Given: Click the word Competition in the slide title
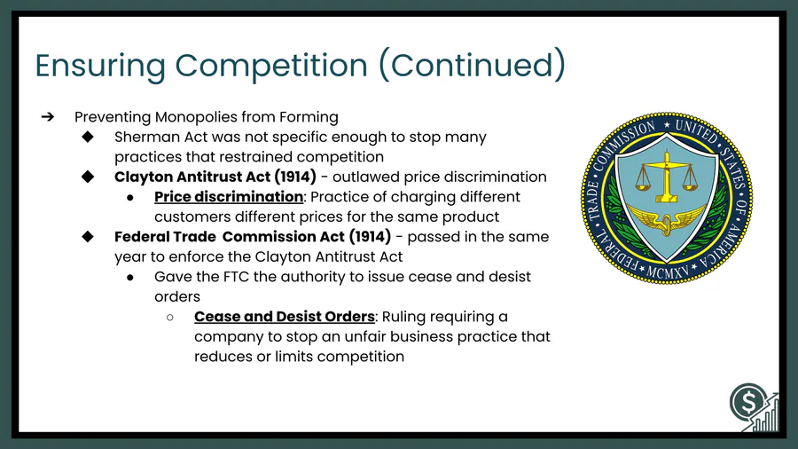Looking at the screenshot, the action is click(x=271, y=66).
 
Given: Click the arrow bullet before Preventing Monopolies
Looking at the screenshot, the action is click(x=48, y=117).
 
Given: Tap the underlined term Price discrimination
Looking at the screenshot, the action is click(x=229, y=197).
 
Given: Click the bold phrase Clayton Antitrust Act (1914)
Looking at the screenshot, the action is click(x=215, y=177).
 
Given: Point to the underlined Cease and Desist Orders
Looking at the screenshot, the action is click(x=285, y=317).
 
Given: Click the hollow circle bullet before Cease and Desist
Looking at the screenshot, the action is click(x=170, y=317).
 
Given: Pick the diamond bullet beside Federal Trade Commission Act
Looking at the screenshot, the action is click(x=88, y=237).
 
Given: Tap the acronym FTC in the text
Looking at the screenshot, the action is click(x=236, y=277).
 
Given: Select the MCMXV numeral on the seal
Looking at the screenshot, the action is click(x=667, y=273).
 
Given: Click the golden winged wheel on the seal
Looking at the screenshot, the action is click(x=666, y=220).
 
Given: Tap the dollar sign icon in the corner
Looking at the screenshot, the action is click(x=748, y=402).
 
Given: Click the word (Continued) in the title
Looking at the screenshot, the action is click(x=473, y=65).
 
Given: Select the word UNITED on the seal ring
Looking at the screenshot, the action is click(x=696, y=131).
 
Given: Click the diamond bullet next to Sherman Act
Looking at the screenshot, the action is click(x=88, y=137).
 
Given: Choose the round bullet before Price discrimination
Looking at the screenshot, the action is click(x=130, y=198).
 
